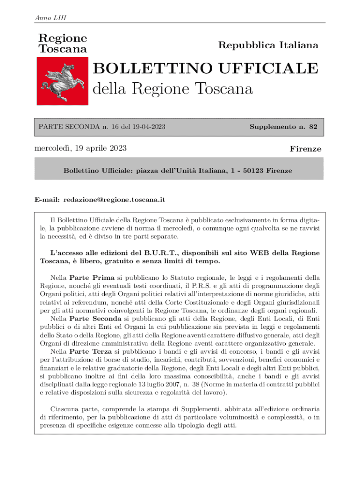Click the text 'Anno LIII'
(x=50, y=18)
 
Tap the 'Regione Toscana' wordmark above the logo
(x=62, y=43)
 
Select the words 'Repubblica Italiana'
(x=268, y=45)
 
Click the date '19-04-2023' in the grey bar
(x=150, y=127)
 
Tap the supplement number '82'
(x=313, y=127)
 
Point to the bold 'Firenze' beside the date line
(x=305, y=149)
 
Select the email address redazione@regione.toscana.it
(x=115, y=200)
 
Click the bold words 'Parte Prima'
(x=89, y=277)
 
